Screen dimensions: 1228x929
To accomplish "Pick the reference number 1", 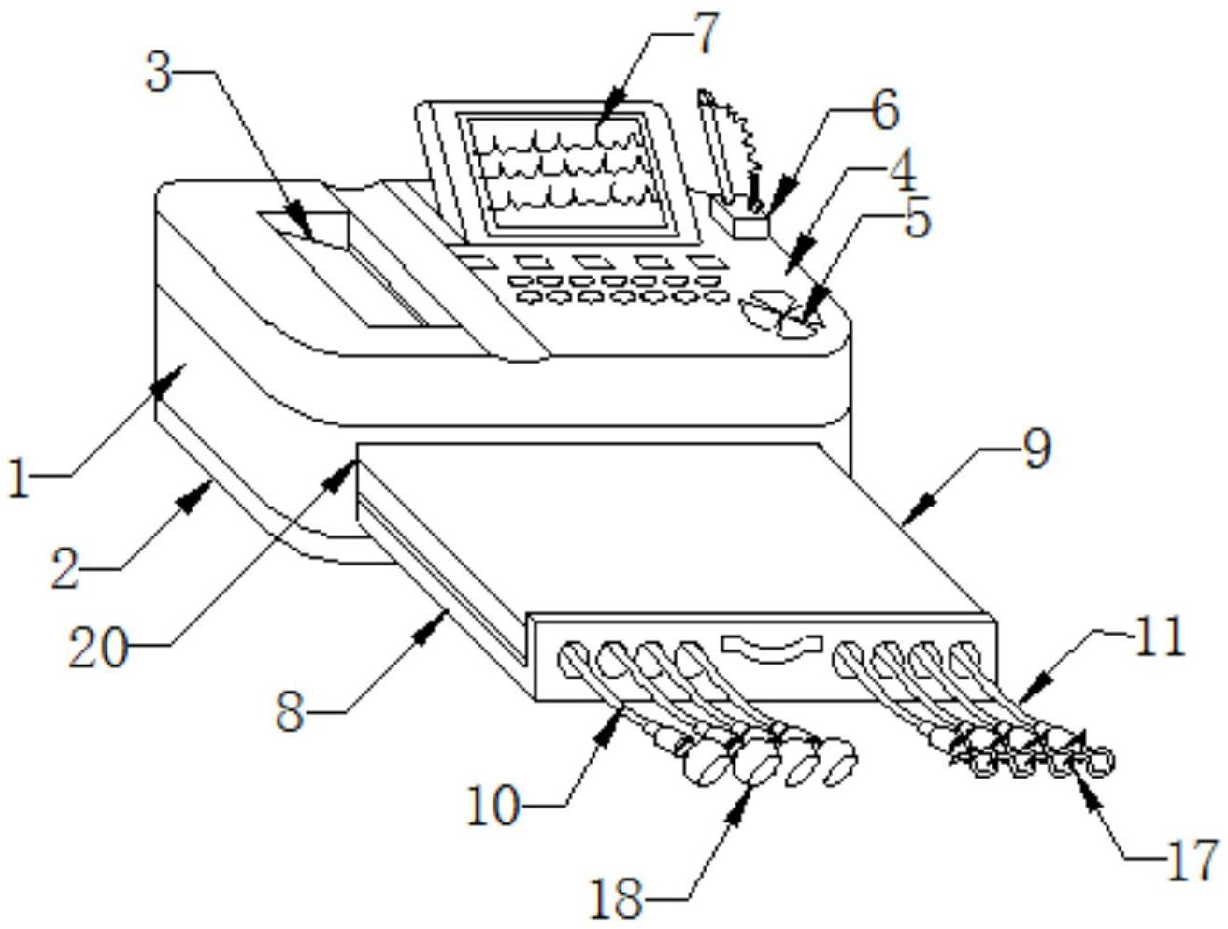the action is coord(19,477).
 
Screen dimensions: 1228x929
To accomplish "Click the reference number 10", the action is coord(493,806).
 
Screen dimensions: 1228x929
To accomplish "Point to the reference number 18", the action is coord(618,899).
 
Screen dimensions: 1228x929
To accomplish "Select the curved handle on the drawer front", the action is coord(772,648).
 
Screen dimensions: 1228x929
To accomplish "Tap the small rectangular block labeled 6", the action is coord(750,227).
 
